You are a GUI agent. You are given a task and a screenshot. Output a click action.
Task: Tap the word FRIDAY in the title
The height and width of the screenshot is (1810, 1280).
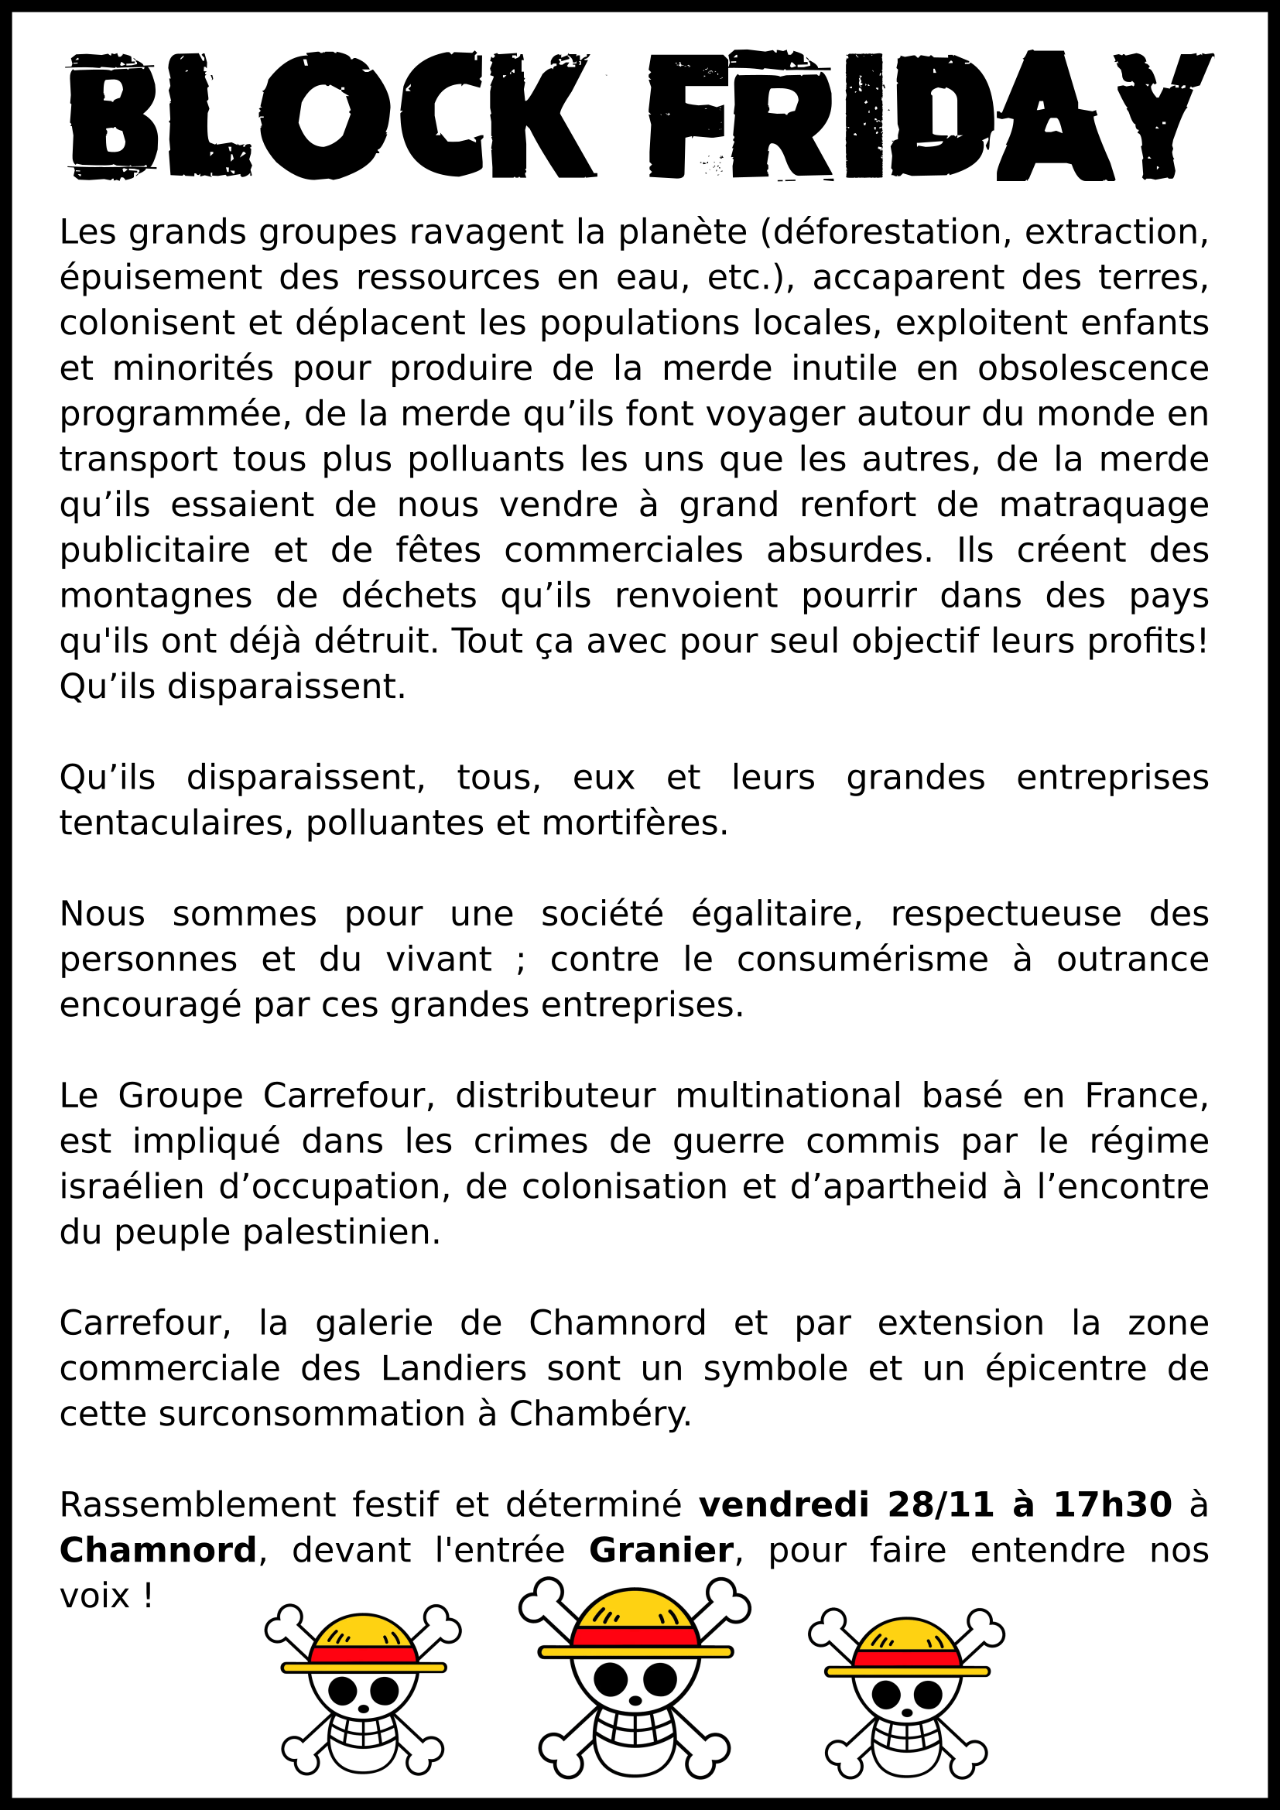(x=930, y=116)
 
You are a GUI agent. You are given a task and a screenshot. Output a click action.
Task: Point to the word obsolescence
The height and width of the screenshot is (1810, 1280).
(x=1093, y=369)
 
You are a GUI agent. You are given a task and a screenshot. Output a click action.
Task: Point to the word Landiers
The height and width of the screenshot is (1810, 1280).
(x=453, y=1370)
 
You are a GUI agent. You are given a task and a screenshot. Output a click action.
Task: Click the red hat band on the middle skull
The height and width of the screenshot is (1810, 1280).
(x=635, y=1637)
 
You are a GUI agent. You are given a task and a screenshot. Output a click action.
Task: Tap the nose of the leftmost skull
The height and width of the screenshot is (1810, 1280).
(x=364, y=1709)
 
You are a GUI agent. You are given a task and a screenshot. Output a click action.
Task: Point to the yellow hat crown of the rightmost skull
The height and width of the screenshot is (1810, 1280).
(x=906, y=1635)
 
